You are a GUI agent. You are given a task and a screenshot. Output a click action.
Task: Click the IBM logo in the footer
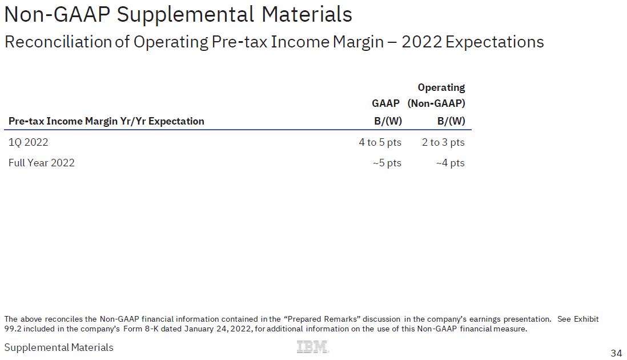312,347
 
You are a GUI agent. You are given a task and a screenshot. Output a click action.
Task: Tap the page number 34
616,353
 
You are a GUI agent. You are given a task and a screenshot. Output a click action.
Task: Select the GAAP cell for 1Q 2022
380,142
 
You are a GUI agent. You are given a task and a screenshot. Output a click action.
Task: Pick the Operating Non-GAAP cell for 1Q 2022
443,142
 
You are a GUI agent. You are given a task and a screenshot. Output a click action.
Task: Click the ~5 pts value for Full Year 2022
387,163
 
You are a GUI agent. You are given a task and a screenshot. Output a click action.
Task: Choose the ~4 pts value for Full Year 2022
450,163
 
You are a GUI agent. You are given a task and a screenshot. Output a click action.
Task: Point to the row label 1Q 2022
29,142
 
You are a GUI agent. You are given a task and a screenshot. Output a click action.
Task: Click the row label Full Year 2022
42,163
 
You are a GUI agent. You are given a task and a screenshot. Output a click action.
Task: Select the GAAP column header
385,103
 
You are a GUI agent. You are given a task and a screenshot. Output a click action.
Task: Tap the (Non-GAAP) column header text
436,103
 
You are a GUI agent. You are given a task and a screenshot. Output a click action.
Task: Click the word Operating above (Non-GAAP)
441,87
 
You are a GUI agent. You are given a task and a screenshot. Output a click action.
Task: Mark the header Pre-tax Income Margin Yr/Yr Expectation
106,121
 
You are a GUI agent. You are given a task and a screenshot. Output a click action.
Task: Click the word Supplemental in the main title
185,14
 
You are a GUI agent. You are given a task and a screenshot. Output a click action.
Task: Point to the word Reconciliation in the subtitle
58,42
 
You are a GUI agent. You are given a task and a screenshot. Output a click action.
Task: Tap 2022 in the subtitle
421,42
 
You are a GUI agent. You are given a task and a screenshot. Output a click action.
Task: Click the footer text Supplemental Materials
59,347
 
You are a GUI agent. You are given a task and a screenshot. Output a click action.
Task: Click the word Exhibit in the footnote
586,319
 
